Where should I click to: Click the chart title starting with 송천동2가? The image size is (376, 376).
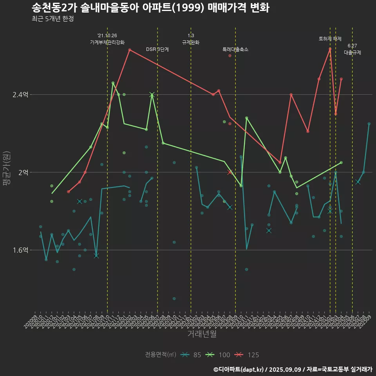(150, 8)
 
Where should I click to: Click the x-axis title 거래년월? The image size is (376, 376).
(202, 334)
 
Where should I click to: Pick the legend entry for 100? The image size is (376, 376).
(218, 355)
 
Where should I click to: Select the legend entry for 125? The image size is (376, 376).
(247, 355)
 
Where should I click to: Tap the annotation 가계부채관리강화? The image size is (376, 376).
(107, 42)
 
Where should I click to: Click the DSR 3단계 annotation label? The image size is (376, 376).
(157, 49)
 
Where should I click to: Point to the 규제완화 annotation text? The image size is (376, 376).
(191, 42)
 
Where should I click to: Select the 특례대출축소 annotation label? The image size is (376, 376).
(235, 49)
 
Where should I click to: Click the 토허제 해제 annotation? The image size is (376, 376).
(330, 39)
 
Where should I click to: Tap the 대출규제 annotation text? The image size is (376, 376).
(352, 52)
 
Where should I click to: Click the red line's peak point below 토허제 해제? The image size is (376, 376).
(330, 49)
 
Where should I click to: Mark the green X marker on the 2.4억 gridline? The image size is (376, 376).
(152, 95)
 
